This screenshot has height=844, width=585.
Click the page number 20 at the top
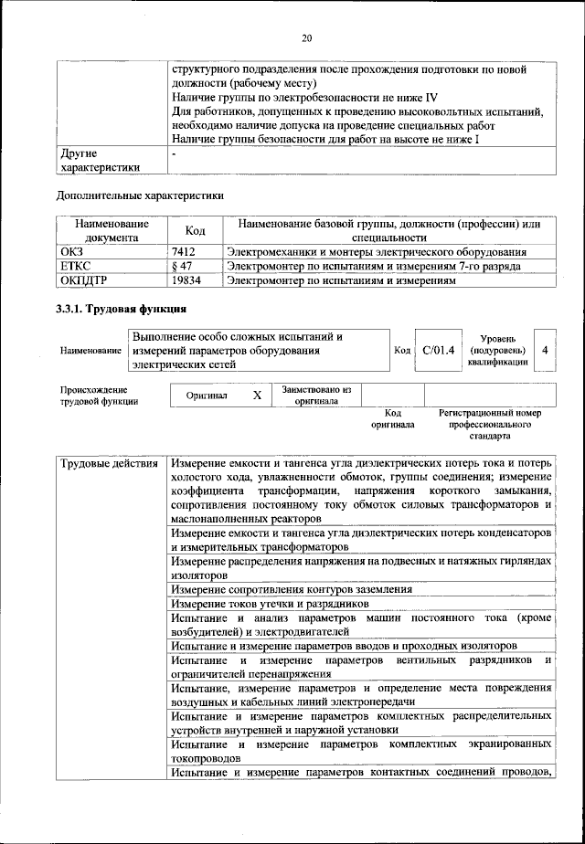[306, 37]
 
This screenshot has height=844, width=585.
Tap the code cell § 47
[181, 266]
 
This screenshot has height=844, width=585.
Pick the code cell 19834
[186, 280]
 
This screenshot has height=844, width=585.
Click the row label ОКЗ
[71, 251]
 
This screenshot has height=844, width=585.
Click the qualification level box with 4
[545, 351]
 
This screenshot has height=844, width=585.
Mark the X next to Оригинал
[257, 395]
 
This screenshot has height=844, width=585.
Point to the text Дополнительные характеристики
[140, 195]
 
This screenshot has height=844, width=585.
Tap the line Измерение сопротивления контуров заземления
[292, 590]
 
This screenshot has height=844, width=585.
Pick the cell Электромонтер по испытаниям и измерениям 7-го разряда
[375, 266]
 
